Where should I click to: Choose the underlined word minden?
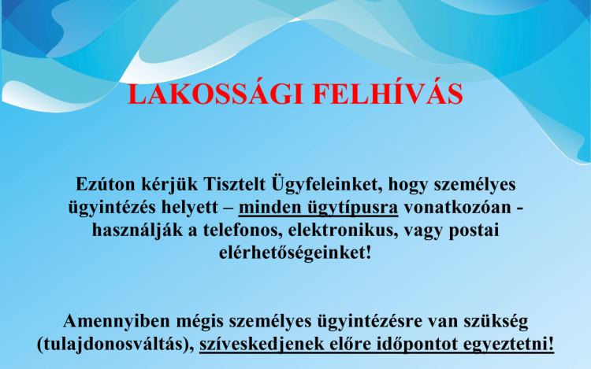[269, 208]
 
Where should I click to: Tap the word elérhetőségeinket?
[291, 255]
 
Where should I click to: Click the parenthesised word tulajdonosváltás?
[117, 345]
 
